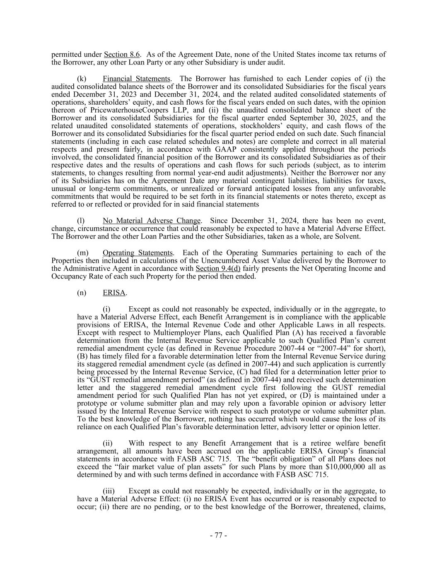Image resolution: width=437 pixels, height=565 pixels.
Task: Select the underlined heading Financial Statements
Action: click(x=136, y=79)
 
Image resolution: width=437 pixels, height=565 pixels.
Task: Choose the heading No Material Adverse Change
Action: click(x=152, y=221)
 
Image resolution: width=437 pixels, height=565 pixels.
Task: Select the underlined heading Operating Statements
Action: click(x=138, y=252)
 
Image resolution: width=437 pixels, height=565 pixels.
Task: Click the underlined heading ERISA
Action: click(x=114, y=293)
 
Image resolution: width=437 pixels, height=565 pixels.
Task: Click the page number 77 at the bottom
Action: click(x=218, y=535)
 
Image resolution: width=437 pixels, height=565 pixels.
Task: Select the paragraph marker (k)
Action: click(x=82, y=79)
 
